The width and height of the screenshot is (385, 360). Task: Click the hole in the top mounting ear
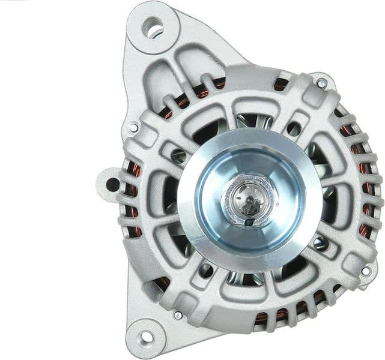153,28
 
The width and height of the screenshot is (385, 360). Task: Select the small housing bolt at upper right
323,83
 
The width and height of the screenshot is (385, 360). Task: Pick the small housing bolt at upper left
133,127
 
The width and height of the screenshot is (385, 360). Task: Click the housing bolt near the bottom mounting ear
178,314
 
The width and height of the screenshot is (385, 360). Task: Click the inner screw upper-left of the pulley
178,157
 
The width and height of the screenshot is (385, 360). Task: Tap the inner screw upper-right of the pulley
294,129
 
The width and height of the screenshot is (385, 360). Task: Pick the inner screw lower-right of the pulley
320,243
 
